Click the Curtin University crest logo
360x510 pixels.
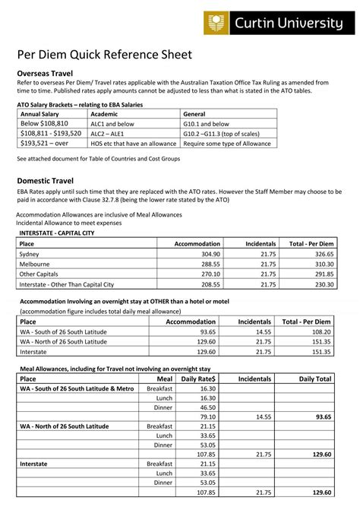(216, 24)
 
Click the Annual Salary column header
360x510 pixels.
(39, 113)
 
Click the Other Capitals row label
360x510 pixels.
(39, 274)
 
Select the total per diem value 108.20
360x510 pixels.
(321, 332)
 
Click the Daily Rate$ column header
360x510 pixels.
(198, 378)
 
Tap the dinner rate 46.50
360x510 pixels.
(207, 407)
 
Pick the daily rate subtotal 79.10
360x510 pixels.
(207, 417)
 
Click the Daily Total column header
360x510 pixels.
(315, 378)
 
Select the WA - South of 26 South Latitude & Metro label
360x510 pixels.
(76, 388)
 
